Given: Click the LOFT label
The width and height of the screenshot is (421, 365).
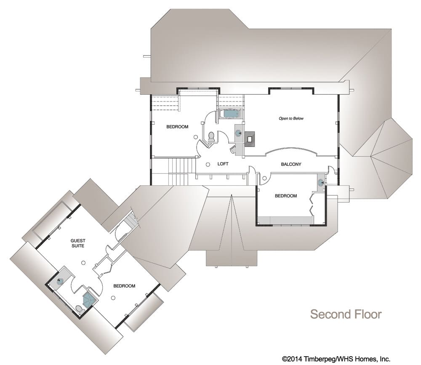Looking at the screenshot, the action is coord(223,164).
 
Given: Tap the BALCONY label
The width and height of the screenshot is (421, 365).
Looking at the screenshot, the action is coord(291,164).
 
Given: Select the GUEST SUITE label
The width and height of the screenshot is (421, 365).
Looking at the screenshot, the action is coord(78,243).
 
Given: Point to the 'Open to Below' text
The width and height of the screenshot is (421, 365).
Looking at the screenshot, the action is coord(291,118).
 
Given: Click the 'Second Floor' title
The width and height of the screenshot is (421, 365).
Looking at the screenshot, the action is coord(346,314).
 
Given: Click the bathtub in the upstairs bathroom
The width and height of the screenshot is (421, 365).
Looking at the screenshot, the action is coord(230,114).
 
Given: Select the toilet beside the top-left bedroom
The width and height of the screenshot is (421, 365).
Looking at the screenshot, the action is coord(211,137).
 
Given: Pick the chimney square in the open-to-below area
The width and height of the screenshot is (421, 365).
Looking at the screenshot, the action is coord(250,139).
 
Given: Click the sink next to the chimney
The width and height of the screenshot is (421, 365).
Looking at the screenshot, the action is coord(238,133).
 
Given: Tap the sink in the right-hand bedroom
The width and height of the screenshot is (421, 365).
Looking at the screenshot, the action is coord(320,183).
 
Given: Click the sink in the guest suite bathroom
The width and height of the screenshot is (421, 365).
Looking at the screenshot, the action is coord(60,282).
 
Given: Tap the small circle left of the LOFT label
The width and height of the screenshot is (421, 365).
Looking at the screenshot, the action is coord(208,164).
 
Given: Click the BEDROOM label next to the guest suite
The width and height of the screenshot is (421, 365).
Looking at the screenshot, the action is coord(124,286).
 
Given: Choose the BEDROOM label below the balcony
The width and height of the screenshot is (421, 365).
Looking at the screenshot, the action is coord(286,196).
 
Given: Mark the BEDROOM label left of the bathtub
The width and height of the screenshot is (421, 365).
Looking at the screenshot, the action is coord(177,126).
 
